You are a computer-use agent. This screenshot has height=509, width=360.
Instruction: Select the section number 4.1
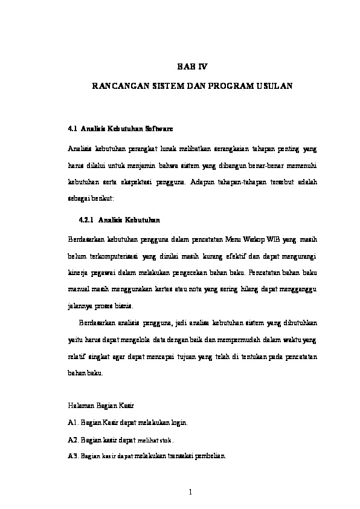(x=73, y=129)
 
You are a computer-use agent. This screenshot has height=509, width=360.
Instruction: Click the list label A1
(x=74, y=422)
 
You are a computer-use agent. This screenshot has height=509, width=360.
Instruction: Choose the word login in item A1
(x=182, y=422)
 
